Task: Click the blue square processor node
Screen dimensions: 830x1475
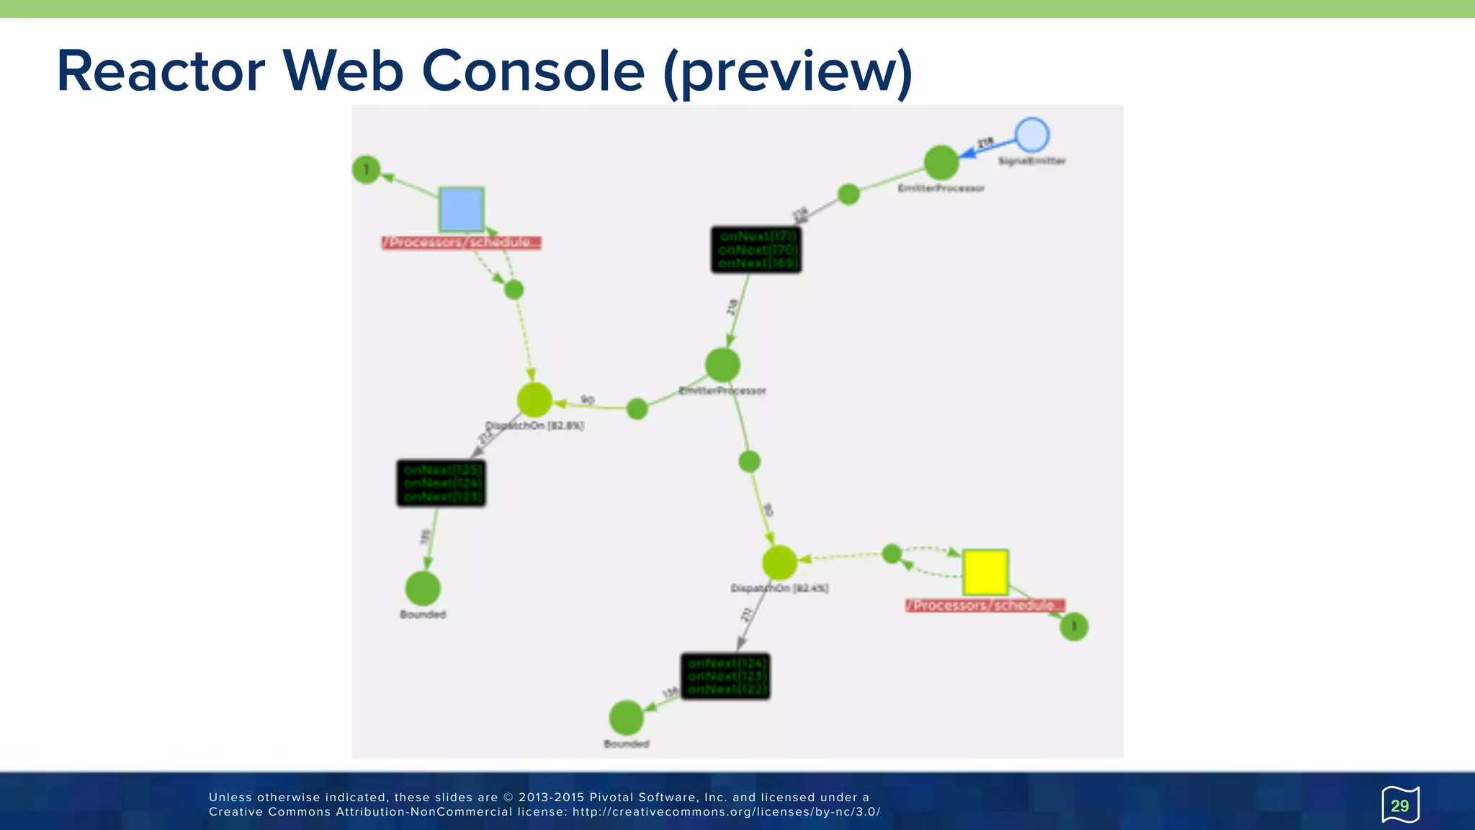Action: pyautogui.click(x=461, y=210)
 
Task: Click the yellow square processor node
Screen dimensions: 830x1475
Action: pyautogui.click(x=985, y=573)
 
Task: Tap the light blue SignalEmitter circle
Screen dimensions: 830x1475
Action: pyautogui.click(x=1031, y=135)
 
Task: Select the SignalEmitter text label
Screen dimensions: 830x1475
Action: pyautogui.click(x=1031, y=161)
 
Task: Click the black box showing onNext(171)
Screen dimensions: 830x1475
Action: pyautogui.click(x=756, y=250)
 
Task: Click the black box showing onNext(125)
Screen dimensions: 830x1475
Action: pyautogui.click(x=441, y=483)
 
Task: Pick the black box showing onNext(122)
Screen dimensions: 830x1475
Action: pyautogui.click(x=725, y=677)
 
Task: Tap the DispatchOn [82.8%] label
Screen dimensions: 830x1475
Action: pyautogui.click(x=534, y=426)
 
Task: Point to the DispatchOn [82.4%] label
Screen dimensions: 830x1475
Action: pyautogui.click(x=779, y=589)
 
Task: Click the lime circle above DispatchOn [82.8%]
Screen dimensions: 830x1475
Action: pyautogui.click(x=534, y=400)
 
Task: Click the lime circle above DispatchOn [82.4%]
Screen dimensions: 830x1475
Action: pyautogui.click(x=779, y=563)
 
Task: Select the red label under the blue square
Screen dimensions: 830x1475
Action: pyautogui.click(x=461, y=243)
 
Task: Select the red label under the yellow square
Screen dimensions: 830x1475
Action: pyautogui.click(x=985, y=606)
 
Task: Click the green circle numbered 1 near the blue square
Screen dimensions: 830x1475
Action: pyautogui.click(x=367, y=170)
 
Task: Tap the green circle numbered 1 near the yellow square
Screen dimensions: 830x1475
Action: pyautogui.click(x=1074, y=627)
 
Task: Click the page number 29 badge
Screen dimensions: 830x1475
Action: pyautogui.click(x=1399, y=806)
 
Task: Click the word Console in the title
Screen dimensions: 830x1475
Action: pyautogui.click(x=533, y=71)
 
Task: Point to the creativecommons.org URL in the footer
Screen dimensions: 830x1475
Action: pyautogui.click(x=726, y=812)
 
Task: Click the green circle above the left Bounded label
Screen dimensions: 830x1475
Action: pyautogui.click(x=423, y=589)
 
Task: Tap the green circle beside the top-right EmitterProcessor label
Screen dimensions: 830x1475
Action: pyautogui.click(x=941, y=162)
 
